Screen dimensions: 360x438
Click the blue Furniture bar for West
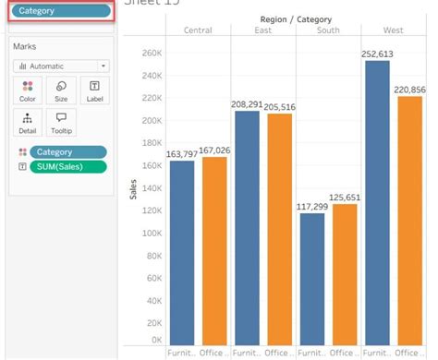(x=375, y=203)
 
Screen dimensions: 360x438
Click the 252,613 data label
(x=375, y=54)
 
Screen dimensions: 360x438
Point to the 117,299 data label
(x=311, y=206)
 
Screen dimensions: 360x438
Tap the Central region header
(x=198, y=30)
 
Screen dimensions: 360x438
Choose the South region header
(x=327, y=30)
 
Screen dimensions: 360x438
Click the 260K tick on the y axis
(x=151, y=53)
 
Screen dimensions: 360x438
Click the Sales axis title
(x=132, y=190)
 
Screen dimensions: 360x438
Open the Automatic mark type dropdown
(x=61, y=66)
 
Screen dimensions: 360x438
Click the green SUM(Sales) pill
(x=67, y=167)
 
